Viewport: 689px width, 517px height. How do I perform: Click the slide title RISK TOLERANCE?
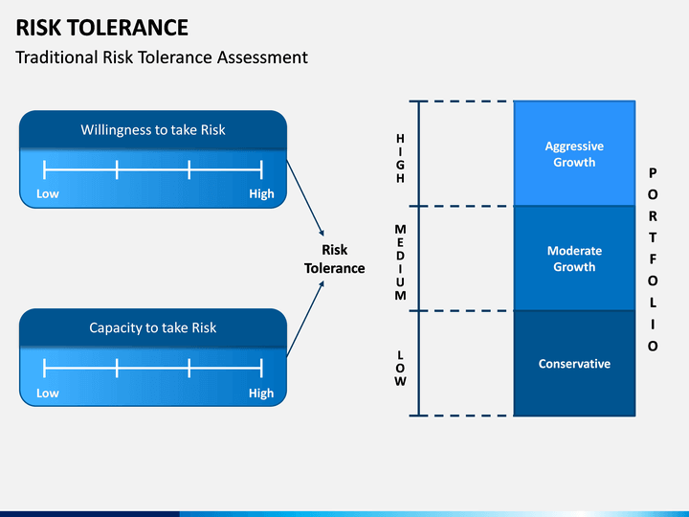102,27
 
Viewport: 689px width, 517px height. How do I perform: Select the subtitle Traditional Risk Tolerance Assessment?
162,57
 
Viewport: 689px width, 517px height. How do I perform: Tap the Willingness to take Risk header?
153,130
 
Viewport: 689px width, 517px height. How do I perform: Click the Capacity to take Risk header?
153,328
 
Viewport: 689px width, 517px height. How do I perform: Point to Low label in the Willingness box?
48,193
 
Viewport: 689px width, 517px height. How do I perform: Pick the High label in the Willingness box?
261,193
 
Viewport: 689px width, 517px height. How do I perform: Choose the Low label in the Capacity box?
48,393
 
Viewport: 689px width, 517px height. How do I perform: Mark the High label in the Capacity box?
261,393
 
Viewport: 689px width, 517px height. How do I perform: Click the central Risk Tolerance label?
335,258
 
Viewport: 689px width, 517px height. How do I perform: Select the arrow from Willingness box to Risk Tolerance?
305,198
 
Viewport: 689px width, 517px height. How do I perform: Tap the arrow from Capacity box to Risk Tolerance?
305,319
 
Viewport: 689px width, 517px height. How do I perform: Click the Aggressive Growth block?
574,153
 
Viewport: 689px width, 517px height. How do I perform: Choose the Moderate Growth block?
574,258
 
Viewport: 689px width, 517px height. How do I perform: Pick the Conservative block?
574,364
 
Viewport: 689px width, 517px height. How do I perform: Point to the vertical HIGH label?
400,158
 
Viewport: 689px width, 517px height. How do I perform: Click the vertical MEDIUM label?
400,262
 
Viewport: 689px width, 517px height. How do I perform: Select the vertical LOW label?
400,369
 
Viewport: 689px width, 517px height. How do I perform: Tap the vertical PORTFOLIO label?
653,259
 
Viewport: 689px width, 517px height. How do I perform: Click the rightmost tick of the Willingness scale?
261,169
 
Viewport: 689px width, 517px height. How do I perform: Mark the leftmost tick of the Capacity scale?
44,368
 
